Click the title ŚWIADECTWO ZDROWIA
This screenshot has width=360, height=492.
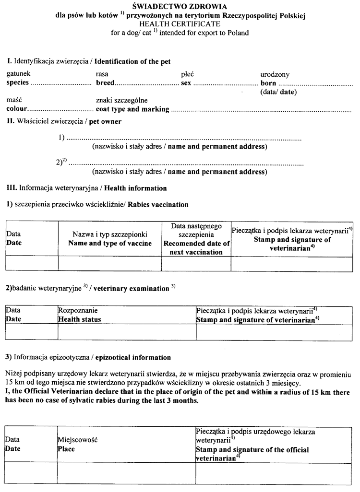coord(180,7)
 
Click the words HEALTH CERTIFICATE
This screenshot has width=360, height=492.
coord(180,23)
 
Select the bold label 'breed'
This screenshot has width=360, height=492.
coord(105,83)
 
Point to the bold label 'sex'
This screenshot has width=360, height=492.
coord(186,83)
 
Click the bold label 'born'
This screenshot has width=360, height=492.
coord(268,83)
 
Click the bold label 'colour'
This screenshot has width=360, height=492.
coord(17,109)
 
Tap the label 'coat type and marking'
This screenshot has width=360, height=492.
coord(132,109)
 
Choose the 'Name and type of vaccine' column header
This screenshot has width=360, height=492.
coord(110,243)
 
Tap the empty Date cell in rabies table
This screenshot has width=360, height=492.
coord(32,264)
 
